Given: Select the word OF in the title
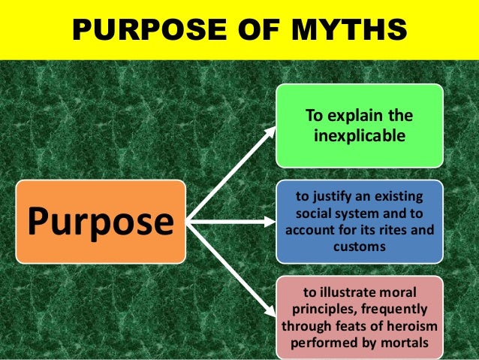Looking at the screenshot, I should pyautogui.click(x=259, y=30).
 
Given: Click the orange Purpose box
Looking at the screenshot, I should pyautogui.click(x=101, y=221).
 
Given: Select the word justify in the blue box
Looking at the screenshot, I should pyautogui.click(x=334, y=197).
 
